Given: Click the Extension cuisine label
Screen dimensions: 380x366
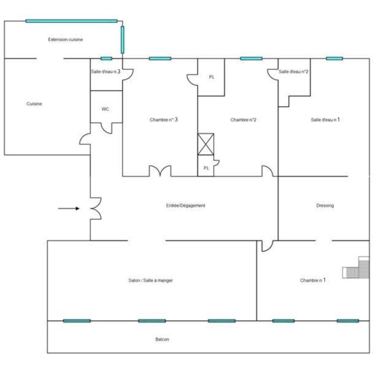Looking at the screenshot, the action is point(65,40).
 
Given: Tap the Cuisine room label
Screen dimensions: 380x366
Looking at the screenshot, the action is point(34,104).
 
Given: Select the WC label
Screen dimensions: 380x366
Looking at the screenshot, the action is point(105,109).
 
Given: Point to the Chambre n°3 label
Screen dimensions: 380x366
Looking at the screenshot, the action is point(164,120).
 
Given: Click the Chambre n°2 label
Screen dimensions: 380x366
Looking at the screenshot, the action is point(243,120).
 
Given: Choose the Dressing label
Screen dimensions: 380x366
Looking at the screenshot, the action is point(325,205).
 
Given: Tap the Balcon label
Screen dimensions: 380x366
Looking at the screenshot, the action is point(162,339).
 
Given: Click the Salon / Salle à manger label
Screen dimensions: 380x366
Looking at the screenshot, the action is point(150,280).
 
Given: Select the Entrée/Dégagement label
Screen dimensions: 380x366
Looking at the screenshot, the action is point(186,205).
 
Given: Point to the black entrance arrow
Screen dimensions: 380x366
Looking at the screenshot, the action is point(69,209).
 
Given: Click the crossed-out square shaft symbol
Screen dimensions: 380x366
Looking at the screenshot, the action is point(206,144).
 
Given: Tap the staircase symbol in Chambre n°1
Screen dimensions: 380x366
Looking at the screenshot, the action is point(356,267).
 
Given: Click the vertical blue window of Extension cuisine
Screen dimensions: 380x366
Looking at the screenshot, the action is point(122,40).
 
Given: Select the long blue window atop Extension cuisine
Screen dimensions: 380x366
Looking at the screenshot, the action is point(72,21).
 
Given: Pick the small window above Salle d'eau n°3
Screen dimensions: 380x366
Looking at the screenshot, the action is point(106,59).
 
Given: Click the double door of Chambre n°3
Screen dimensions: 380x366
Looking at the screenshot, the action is point(160,171).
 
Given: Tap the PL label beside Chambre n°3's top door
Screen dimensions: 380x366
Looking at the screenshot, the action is point(211,77).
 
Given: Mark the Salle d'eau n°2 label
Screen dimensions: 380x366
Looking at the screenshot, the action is point(294,71).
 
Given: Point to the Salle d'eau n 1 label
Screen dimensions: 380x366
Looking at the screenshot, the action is point(325,120).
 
